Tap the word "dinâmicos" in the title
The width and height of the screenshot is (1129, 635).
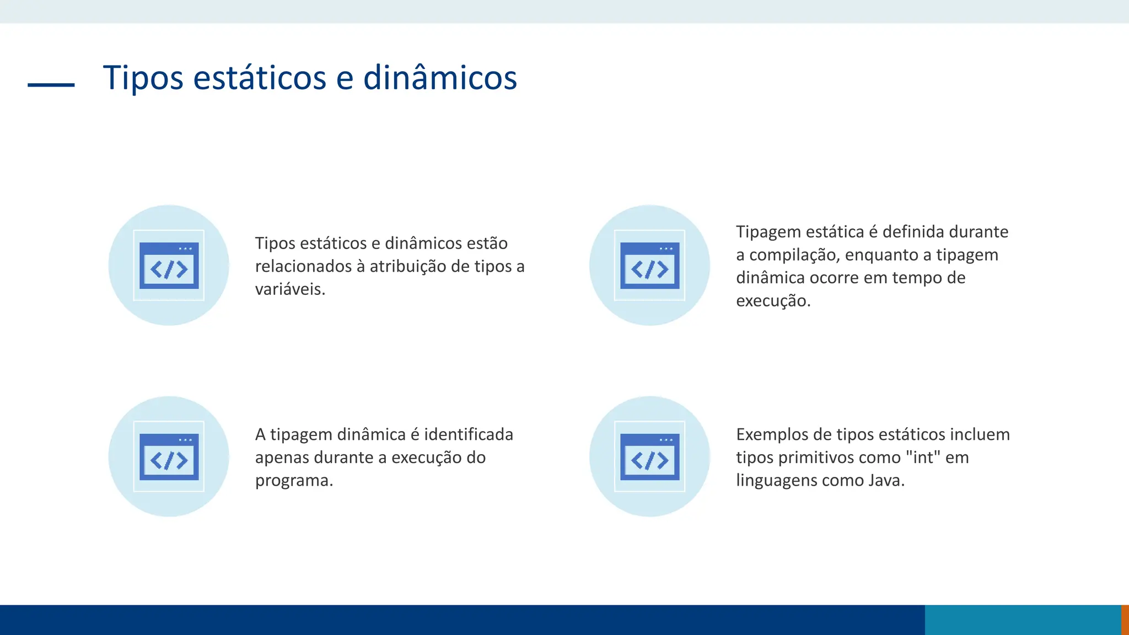(440, 78)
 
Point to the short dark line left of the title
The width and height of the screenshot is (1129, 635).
(51, 85)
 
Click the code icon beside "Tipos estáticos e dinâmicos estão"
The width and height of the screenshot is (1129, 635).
(169, 266)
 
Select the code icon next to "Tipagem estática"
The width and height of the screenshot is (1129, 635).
(649, 266)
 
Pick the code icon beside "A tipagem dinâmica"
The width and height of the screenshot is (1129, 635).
(169, 457)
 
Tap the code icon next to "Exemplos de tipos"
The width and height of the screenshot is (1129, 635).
(649, 457)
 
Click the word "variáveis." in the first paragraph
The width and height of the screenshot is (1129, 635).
(290, 289)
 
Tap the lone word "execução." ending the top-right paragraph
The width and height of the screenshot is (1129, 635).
(773, 301)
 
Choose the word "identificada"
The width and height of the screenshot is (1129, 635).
(468, 434)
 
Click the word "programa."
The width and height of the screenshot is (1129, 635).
(294, 481)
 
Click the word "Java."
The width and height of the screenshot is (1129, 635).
(886, 481)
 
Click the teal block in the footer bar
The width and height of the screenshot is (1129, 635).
(1023, 620)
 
